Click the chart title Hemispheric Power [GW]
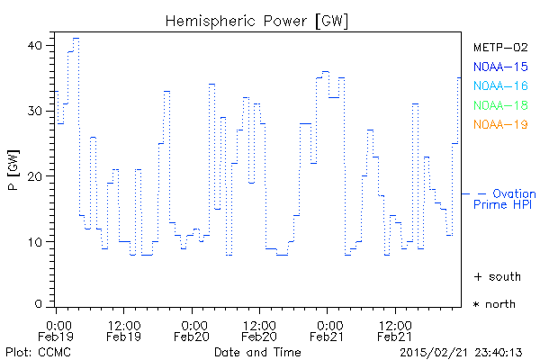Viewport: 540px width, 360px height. [257, 20]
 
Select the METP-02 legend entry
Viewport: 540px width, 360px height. [500, 47]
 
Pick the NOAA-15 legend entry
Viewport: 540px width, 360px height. [500, 67]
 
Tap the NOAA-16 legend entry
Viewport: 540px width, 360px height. [500, 85]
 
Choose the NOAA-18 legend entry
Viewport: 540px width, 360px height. [500, 105]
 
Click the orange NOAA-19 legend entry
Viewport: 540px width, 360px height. [500, 124]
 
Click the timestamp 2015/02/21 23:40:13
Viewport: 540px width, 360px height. [473, 351]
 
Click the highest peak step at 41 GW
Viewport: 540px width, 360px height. [76, 38]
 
